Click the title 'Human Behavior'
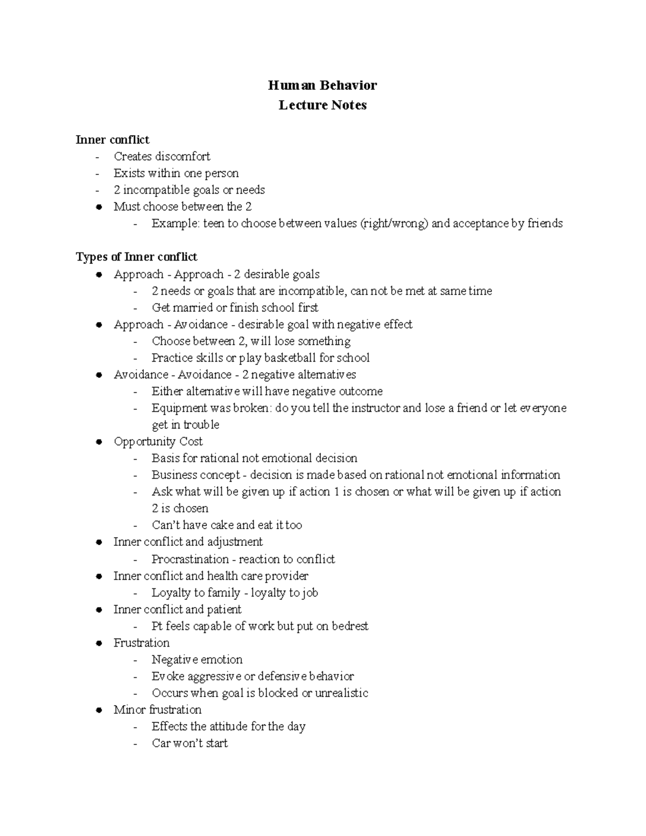tap(322, 85)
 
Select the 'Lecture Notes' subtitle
tap(322, 105)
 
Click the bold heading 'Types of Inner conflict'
tap(137, 257)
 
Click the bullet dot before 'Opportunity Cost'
tap(99, 442)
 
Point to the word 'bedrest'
tap(350, 626)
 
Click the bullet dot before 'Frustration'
tap(99, 643)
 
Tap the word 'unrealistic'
tap(341, 693)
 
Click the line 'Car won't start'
tap(189, 743)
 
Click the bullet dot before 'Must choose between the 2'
tap(99, 207)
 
